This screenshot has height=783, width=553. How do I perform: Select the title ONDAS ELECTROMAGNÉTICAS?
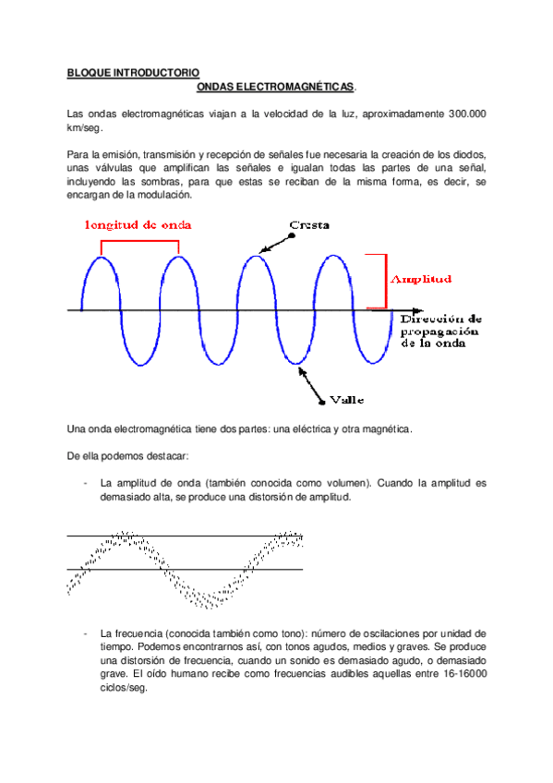coord(276,86)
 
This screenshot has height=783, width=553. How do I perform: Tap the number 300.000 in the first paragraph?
coord(467,114)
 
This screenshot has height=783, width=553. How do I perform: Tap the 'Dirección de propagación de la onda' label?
coord(441,330)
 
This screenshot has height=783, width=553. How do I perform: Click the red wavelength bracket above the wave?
coord(138,243)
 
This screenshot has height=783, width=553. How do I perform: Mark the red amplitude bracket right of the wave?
coord(378,281)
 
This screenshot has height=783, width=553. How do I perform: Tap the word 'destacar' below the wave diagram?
coord(165,455)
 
